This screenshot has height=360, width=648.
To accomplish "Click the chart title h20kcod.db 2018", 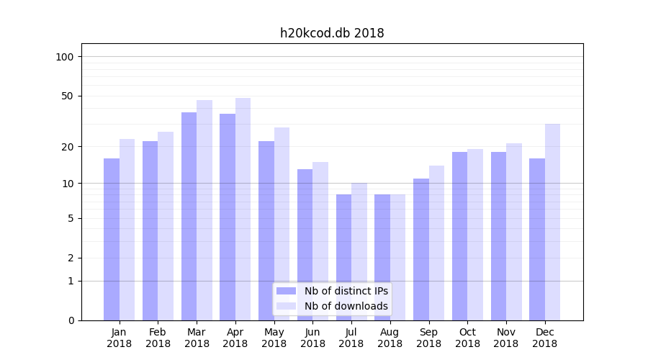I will (x=332, y=33).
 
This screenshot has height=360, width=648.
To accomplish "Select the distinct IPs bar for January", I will (x=112, y=239).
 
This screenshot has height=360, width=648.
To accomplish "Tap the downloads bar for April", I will (x=243, y=209).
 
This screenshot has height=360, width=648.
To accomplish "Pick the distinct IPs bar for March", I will (x=189, y=216).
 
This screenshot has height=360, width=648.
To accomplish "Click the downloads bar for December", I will (x=553, y=222).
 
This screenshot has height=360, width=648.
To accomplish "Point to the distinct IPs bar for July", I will (x=343, y=257).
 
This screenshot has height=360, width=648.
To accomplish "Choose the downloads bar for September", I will (x=437, y=243).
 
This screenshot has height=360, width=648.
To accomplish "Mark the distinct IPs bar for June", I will (x=305, y=245).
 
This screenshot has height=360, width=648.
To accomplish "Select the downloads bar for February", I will (x=166, y=226).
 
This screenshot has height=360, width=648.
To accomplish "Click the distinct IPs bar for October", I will (x=459, y=236).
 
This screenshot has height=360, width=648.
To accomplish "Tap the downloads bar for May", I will (x=282, y=224).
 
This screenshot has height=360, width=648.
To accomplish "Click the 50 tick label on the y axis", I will (x=68, y=96).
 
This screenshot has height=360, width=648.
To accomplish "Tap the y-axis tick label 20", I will (x=68, y=147).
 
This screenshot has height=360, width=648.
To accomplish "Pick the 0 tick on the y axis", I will (x=71, y=320).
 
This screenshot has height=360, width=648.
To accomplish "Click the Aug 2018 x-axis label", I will (x=390, y=338).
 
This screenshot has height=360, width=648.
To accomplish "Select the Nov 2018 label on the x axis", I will (x=505, y=338).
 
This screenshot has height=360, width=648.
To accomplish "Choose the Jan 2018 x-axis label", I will (x=120, y=338).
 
